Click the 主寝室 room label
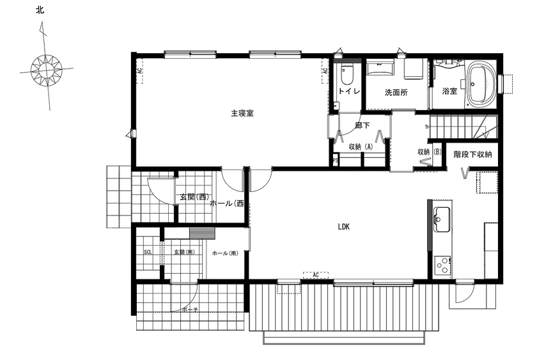[x=242, y=113]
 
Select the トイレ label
[x=348, y=91]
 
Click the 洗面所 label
[x=396, y=92]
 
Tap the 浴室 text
[x=449, y=91]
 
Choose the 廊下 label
[x=362, y=126]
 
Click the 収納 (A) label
[x=361, y=146]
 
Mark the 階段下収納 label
[x=472, y=155]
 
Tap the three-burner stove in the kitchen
[x=442, y=264]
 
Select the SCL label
[x=147, y=253]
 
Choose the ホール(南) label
[x=224, y=253]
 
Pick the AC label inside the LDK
[x=315, y=275]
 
